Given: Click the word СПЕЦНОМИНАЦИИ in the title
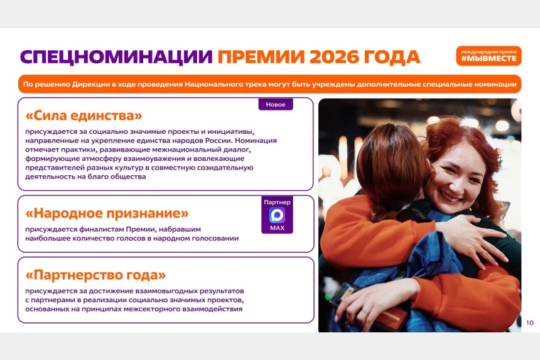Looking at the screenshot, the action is [116, 57].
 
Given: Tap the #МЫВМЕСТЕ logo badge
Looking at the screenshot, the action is [489, 56].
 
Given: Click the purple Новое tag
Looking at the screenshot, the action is [276, 104].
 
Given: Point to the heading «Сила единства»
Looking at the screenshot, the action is [84, 116].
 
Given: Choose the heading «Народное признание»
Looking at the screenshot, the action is [107, 213].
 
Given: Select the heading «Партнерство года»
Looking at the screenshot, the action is [95, 275].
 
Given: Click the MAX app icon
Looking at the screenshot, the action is [278, 215].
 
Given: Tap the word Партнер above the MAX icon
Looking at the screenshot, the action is [278, 202].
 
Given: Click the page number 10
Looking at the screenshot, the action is [530, 323].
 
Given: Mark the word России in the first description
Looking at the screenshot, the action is [219, 141].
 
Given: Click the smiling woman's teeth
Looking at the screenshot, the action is [450, 197].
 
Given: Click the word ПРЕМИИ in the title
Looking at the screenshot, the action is [261, 57].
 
